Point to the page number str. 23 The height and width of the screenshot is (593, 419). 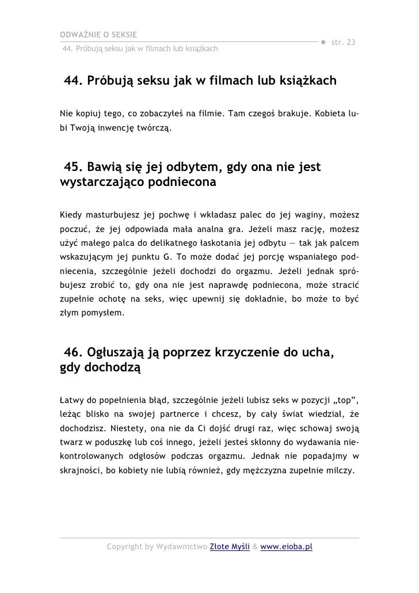344,44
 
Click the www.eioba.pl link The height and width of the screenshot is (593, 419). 286,546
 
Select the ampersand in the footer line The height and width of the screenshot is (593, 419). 254,546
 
